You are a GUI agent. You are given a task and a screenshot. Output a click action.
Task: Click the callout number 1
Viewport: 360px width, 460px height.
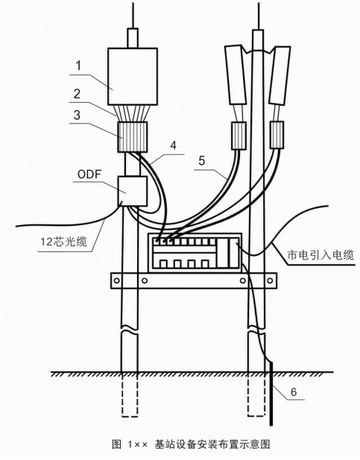(x=78, y=66)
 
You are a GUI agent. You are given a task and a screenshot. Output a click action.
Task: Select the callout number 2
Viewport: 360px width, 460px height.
(x=77, y=94)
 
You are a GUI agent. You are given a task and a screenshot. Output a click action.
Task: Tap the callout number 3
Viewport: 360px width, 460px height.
(x=77, y=116)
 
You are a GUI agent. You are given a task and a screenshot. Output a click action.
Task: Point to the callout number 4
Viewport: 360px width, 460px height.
(x=174, y=145)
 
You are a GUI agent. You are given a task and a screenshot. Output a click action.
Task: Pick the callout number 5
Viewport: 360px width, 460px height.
(x=201, y=161)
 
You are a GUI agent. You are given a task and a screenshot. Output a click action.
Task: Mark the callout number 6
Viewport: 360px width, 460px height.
(x=294, y=391)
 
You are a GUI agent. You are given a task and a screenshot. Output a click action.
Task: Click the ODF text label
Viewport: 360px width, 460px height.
(x=89, y=174)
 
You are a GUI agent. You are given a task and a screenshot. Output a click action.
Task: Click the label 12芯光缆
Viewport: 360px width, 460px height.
(x=63, y=242)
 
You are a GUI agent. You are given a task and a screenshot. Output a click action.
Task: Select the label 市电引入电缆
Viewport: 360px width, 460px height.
(x=320, y=255)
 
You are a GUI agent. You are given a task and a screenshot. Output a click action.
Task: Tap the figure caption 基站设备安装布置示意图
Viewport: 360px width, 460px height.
(x=212, y=444)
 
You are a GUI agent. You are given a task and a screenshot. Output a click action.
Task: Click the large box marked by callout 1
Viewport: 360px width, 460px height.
(x=133, y=77)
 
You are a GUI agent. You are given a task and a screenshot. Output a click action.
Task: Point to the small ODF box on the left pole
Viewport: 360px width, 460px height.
(x=132, y=191)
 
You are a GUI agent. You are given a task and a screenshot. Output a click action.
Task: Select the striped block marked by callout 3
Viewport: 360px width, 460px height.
(x=132, y=137)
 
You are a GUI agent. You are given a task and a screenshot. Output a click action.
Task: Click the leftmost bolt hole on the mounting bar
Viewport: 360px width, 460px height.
(x=117, y=281)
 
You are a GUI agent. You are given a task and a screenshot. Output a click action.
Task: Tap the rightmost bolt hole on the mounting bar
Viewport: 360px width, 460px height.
(x=270, y=281)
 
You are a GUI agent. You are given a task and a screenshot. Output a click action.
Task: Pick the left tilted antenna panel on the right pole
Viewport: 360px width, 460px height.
(x=236, y=75)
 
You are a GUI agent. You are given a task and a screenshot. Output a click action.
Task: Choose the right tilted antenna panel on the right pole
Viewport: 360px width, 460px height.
(x=280, y=75)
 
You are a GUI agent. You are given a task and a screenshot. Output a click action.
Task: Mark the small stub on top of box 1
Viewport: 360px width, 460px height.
(x=133, y=38)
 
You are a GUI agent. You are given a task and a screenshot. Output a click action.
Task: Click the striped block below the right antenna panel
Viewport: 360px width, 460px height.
(x=277, y=135)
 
